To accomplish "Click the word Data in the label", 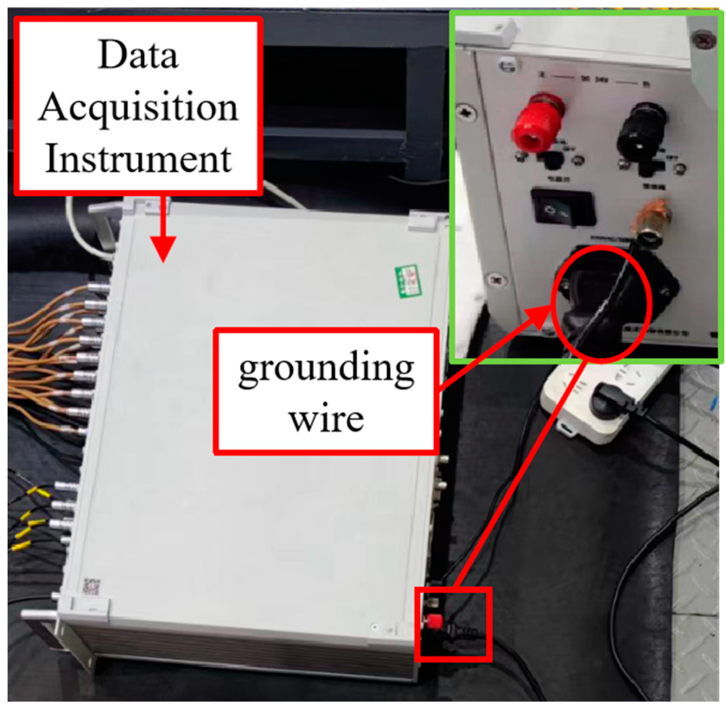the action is point(138,55).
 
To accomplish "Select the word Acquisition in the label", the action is point(138,108).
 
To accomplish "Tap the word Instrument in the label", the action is point(138,159).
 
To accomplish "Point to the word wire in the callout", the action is point(326,419).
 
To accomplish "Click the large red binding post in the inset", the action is point(536,123).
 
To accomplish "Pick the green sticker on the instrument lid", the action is point(408,281).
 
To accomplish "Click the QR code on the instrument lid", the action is point(92,587).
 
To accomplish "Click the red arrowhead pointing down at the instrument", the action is point(163,249).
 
